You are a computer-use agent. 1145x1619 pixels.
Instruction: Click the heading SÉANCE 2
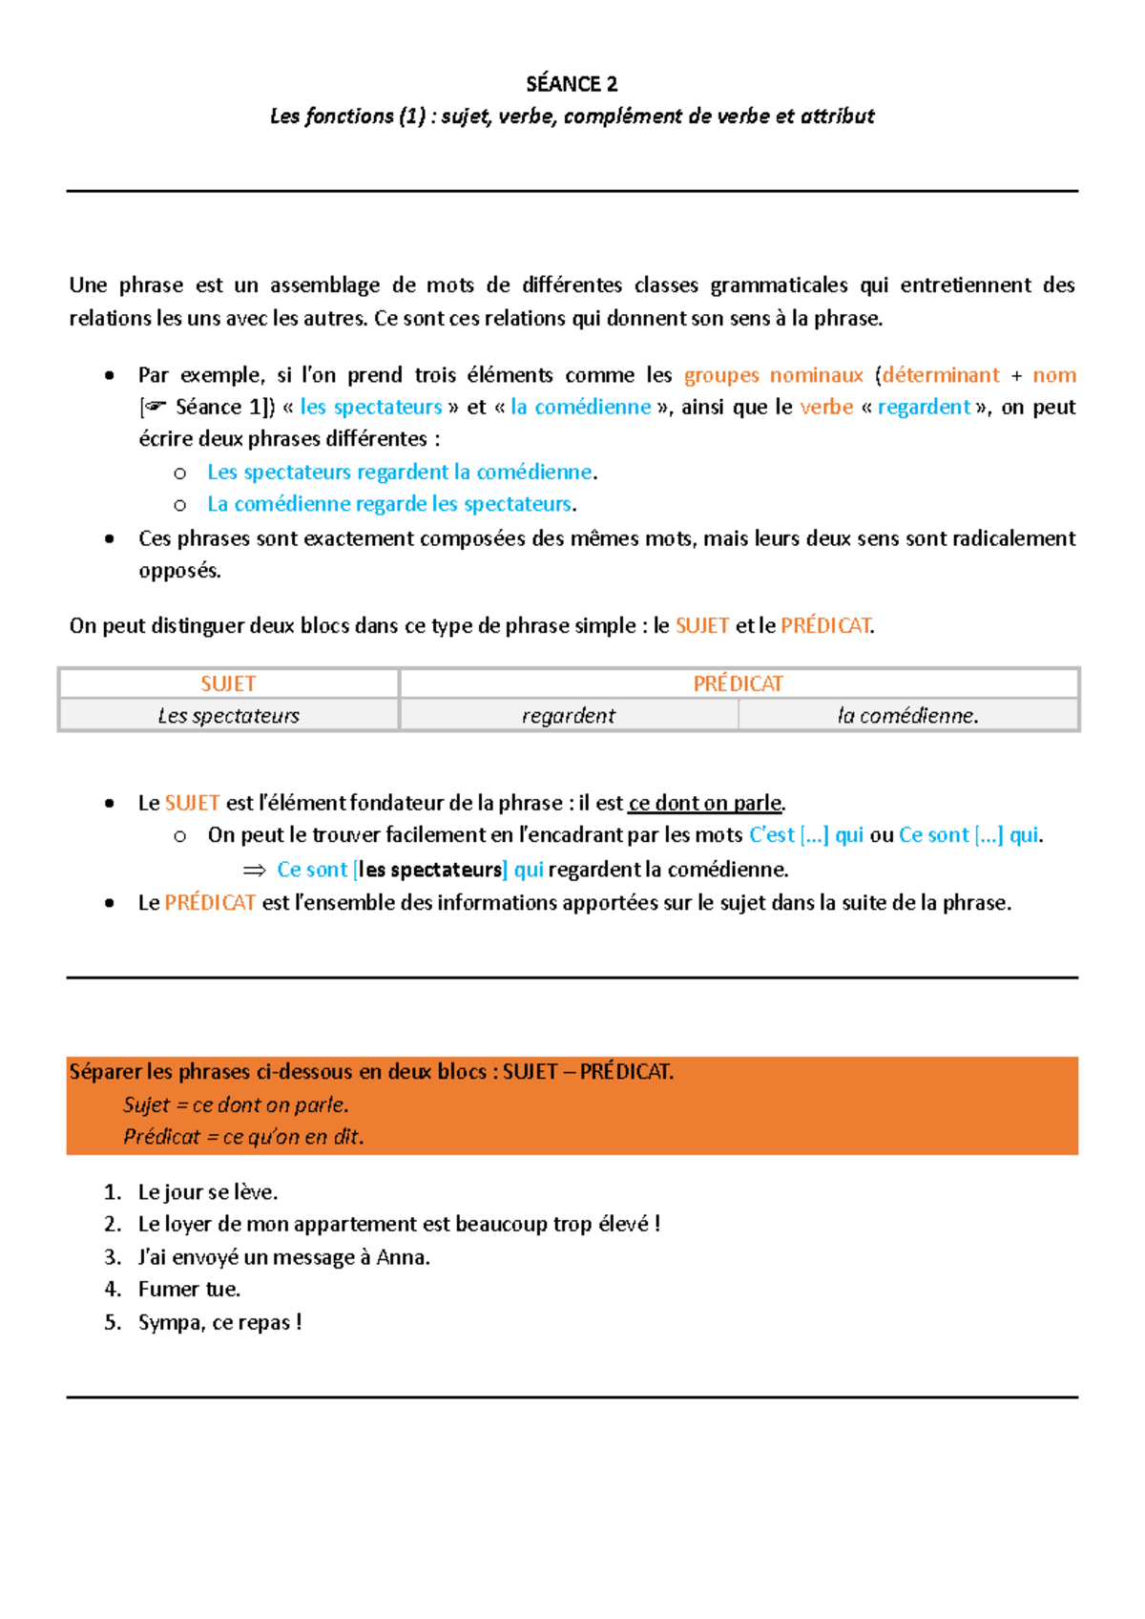[572, 84]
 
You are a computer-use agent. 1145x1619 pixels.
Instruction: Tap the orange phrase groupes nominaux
[773, 375]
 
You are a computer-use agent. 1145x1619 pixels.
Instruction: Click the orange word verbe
[826, 408]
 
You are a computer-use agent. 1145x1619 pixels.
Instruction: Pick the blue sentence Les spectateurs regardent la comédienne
[400, 472]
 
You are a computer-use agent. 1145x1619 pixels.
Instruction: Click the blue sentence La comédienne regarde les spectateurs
[389, 504]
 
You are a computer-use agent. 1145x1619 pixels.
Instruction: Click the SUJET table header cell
[228, 683]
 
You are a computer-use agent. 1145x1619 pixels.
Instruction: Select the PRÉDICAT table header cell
[738, 683]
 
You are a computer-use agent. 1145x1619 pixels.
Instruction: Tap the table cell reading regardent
[569, 716]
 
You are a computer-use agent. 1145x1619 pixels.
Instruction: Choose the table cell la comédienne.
[907, 716]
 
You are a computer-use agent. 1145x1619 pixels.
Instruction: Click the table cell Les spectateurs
[228, 716]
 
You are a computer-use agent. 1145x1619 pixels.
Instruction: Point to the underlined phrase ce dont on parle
[705, 803]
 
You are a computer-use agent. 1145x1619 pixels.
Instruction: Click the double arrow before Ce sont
[254, 870]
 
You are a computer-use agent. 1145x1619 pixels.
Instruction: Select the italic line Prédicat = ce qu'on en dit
[243, 1137]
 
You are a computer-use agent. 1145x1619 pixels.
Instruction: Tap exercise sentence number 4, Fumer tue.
[189, 1290]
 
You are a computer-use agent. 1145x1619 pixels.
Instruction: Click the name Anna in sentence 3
[402, 1257]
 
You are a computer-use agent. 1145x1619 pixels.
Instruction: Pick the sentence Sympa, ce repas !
[219, 1322]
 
